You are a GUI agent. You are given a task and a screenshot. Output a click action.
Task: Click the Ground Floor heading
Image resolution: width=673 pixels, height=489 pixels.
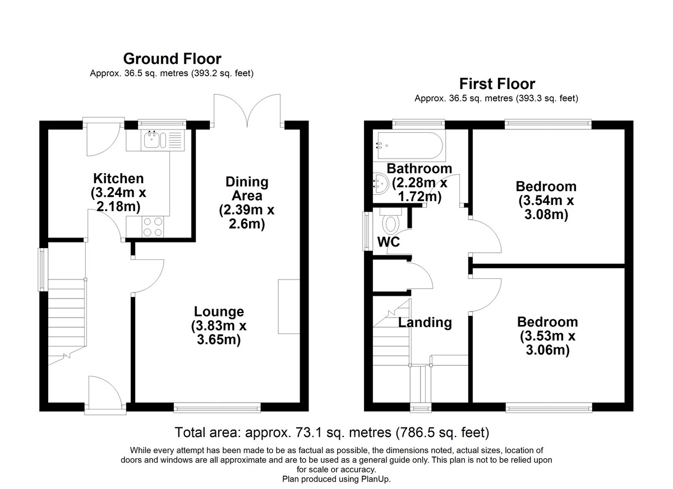click(172, 59)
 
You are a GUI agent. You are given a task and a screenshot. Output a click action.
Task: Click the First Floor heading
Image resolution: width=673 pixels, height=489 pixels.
click(497, 84)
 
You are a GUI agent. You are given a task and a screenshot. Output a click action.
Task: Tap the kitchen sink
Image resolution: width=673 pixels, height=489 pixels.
click(153, 139)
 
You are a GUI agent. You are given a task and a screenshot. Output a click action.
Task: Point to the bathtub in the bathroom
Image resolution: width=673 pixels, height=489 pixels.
click(410, 145)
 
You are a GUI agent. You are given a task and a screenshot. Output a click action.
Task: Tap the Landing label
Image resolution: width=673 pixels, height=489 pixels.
click(425, 323)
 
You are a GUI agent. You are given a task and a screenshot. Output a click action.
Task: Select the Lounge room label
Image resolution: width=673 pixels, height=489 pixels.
click(219, 311)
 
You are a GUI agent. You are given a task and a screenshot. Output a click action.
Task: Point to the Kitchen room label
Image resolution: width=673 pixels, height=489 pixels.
click(118, 179)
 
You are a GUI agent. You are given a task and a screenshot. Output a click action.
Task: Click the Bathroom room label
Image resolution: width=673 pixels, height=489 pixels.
click(419, 168)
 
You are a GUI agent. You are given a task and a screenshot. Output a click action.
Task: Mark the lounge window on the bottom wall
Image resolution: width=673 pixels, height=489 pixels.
click(217, 408)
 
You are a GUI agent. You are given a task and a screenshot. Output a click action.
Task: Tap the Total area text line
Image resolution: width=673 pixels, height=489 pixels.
click(332, 432)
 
